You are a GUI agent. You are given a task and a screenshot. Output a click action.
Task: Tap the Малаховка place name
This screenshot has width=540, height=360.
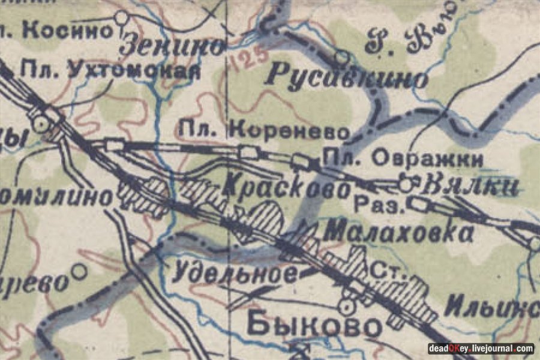coord(399,232)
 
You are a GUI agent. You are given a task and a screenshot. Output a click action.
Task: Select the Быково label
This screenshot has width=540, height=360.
coord(313,326)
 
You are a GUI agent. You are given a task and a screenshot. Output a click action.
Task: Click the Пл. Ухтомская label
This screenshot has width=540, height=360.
coord(110,70)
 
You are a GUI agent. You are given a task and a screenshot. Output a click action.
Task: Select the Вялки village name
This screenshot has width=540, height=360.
coord(469,187)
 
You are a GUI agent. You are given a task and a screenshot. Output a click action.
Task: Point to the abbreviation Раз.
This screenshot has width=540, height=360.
coord(377,206)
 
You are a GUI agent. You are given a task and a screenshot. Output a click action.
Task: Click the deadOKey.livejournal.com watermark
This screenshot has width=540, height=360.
coord(481,349)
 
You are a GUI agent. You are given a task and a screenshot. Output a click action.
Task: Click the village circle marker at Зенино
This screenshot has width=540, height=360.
coord(122,16)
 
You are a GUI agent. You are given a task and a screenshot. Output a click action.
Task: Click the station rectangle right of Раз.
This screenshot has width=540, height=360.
coord(419,206)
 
